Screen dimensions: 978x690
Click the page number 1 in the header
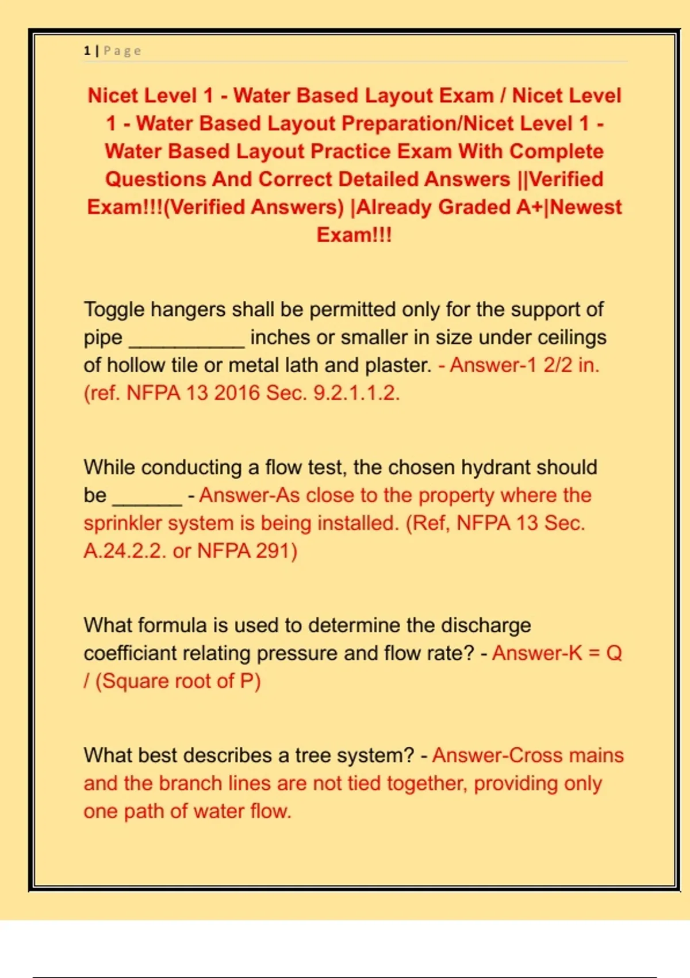click(87, 51)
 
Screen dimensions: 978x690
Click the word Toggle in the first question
click(114, 310)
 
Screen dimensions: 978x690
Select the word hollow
click(136, 365)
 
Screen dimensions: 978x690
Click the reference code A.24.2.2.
click(125, 551)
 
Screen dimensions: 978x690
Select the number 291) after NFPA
click(277, 551)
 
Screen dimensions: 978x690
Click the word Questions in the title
click(155, 179)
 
